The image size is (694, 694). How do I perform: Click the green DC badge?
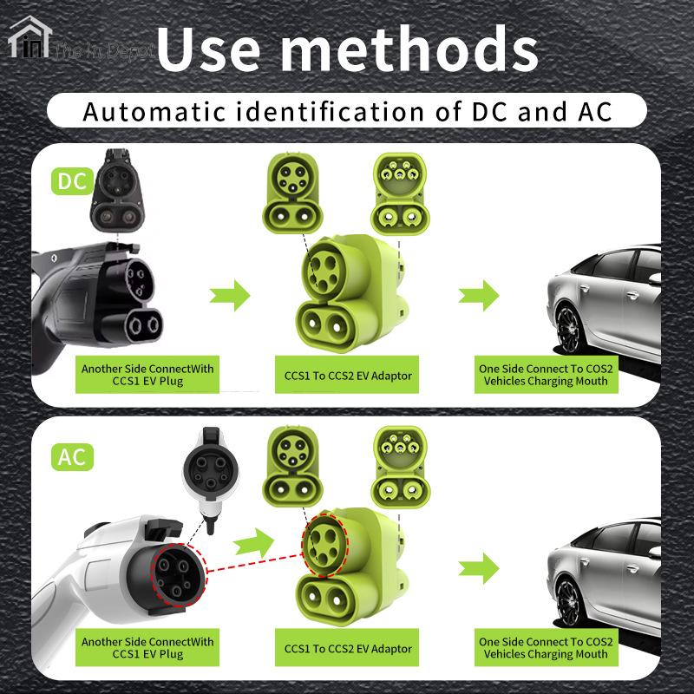click(72, 181)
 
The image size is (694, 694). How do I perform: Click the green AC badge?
click(72, 457)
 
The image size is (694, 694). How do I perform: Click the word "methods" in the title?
click(409, 49)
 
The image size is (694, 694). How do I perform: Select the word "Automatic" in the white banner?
click(154, 112)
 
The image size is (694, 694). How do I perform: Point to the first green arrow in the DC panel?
click(230, 295)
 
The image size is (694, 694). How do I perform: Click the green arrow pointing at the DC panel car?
click(479, 295)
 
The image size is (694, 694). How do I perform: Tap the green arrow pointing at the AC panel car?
click(479, 568)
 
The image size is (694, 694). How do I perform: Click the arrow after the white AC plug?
click(253, 543)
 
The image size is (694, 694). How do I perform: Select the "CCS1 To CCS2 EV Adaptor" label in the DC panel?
click(348, 376)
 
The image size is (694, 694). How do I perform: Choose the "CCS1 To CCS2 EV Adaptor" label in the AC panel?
click(348, 649)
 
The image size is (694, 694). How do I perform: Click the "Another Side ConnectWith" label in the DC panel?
click(147, 369)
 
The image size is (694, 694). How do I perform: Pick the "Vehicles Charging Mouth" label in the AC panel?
click(546, 654)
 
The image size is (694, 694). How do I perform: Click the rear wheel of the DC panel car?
click(568, 329)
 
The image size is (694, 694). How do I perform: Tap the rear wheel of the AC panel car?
click(568, 602)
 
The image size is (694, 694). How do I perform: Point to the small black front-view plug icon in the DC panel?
click(117, 191)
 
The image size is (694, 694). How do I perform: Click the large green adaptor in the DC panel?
click(350, 293)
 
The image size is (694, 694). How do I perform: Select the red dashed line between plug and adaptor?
click(254, 562)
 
